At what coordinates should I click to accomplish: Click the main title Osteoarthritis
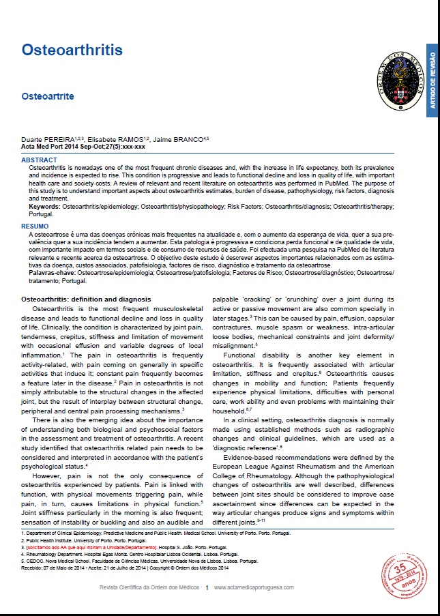72,50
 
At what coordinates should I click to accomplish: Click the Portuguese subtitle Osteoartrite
47,97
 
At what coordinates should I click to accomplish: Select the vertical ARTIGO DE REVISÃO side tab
432,80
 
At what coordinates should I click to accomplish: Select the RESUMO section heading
35,225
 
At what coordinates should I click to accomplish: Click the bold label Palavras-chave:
53,272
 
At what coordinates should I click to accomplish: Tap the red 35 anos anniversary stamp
405,574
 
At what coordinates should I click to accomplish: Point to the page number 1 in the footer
207,587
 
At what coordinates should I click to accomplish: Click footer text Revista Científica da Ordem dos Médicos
149,587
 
